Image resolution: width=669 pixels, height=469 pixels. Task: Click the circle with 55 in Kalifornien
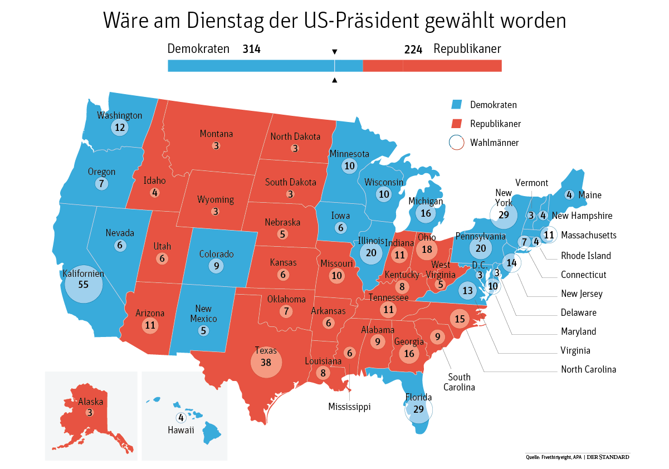pos(84,284)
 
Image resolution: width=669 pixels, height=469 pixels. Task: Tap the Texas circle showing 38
pos(266,362)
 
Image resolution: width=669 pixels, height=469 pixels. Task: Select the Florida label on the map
pos(418,397)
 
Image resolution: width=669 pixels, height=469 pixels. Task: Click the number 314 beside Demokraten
pos(251,49)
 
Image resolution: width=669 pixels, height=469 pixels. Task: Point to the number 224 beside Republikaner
pos(413,49)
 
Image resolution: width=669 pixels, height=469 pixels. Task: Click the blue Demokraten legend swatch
pos(457,104)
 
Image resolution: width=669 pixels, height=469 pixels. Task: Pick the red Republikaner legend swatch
pos(457,123)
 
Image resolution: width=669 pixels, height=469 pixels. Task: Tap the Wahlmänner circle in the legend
pos(456,142)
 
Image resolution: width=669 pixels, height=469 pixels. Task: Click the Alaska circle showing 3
pos(90,413)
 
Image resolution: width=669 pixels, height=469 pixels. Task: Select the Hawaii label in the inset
pos(180,430)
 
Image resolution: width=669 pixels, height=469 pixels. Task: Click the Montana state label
pos(216,134)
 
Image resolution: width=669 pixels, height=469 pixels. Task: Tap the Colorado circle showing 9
pos(217,266)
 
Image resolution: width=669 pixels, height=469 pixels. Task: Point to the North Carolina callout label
pos(588,369)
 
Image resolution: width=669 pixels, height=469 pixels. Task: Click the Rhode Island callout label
pos(585,256)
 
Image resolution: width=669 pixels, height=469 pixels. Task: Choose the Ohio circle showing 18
pos(427,250)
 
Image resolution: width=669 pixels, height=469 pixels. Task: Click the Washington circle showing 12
pos(119,128)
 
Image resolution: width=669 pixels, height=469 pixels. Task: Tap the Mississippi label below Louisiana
pos(349,407)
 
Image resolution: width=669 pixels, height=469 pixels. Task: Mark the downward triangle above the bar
pos(334,52)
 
